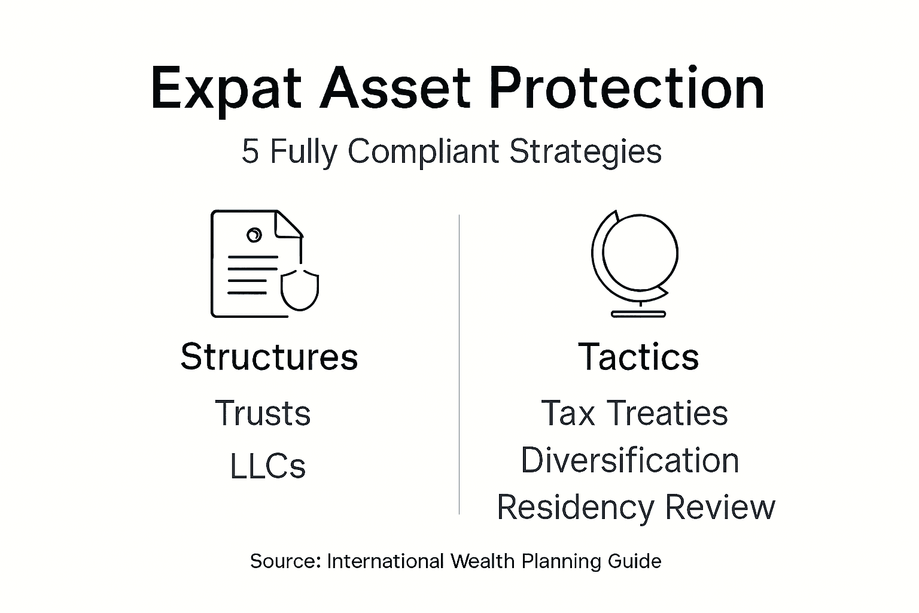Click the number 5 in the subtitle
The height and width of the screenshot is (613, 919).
250,151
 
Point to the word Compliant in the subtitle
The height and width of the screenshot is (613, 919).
423,152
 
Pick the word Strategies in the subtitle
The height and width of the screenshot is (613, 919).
585,152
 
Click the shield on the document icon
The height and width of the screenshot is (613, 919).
300,289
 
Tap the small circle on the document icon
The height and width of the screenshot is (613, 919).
254,235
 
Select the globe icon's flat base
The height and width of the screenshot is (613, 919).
638,313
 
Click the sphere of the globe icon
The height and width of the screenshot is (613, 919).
640,252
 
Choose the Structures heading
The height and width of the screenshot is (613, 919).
269,357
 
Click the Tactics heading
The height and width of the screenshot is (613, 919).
638,357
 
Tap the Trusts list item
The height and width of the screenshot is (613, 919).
263,413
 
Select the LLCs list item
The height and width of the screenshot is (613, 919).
267,466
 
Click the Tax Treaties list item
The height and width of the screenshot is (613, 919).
634,413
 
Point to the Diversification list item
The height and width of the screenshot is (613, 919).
630,460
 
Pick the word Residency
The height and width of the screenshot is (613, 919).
575,508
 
